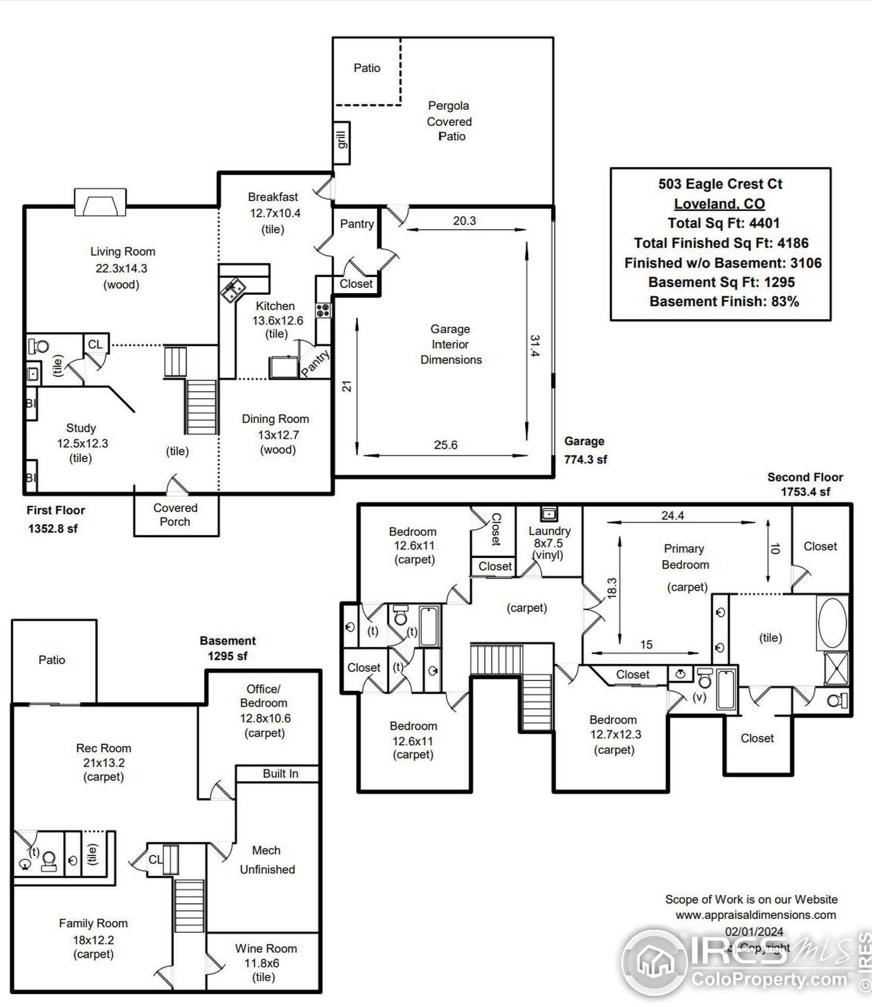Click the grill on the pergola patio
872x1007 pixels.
[342, 143]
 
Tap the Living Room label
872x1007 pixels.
[123, 251]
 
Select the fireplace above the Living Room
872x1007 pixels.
[100, 202]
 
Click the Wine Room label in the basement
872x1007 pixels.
[266, 948]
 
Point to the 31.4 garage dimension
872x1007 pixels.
[535, 345]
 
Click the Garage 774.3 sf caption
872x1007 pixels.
[585, 450]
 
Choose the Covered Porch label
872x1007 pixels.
[175, 515]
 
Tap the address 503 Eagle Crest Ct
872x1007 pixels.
[720, 184]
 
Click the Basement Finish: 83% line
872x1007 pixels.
[724, 301]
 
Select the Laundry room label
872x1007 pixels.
[549, 531]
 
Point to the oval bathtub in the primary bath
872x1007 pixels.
[832, 623]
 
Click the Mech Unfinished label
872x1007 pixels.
[267, 860]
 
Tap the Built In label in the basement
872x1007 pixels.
[280, 774]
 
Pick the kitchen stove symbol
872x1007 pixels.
[323, 310]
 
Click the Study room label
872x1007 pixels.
[81, 428]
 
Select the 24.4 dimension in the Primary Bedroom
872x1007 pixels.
[673, 515]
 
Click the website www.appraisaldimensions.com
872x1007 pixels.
[756, 914]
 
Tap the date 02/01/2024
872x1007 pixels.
[754, 931]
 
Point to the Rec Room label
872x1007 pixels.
[104, 748]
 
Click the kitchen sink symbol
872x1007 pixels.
[233, 291]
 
